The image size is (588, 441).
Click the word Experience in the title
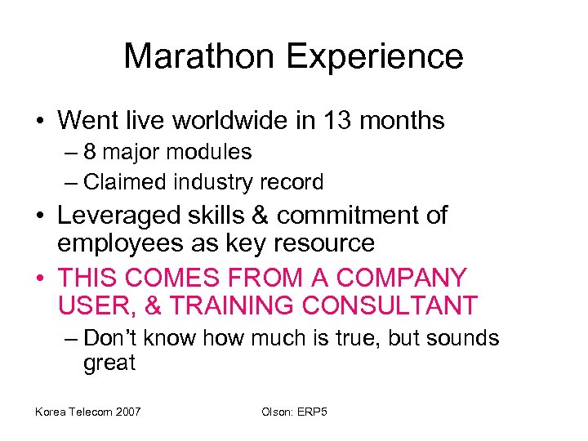tap(378, 56)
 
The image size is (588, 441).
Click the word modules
tap(216, 152)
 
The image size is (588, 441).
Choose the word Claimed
tap(119, 181)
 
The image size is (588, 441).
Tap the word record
tap(292, 181)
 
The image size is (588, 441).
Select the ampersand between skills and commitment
tap(259, 215)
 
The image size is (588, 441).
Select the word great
tap(109, 363)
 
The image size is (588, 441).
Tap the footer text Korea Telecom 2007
tap(87, 411)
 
